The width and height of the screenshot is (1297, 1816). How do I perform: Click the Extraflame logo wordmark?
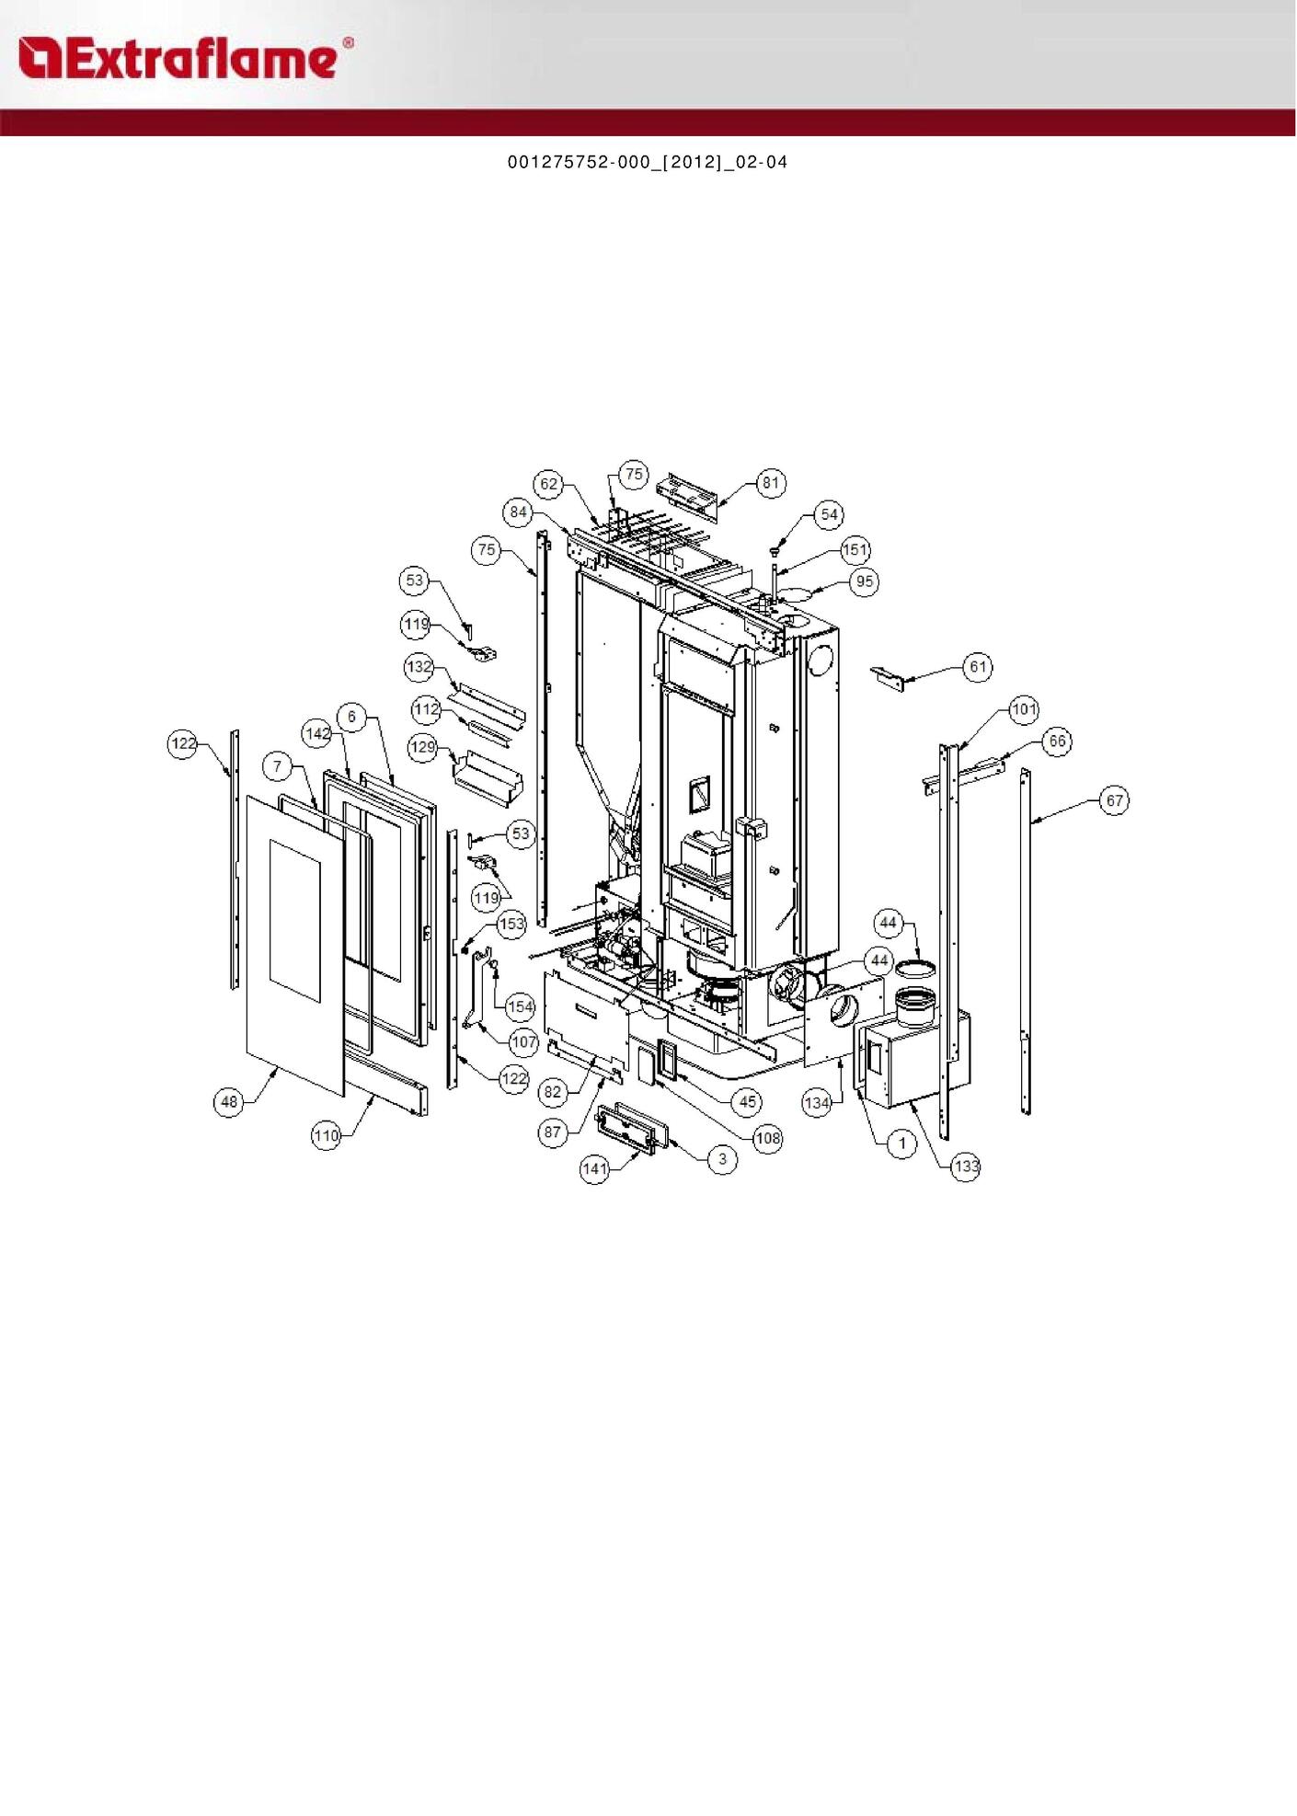tap(185, 58)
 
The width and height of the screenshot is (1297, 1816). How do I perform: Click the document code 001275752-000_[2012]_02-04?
tap(648, 163)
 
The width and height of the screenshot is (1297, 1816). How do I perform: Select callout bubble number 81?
tap(771, 483)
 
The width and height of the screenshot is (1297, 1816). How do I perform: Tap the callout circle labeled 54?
tap(829, 514)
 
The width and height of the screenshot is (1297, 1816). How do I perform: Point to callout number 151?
tap(855, 550)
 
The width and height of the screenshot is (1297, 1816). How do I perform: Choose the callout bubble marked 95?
tap(864, 581)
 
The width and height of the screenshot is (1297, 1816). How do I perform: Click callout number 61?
tap(978, 667)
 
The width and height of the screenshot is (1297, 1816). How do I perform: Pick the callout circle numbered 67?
tap(1115, 800)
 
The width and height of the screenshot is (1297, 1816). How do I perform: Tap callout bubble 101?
tap(1024, 709)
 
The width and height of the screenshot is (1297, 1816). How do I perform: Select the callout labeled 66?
tap(1057, 741)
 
